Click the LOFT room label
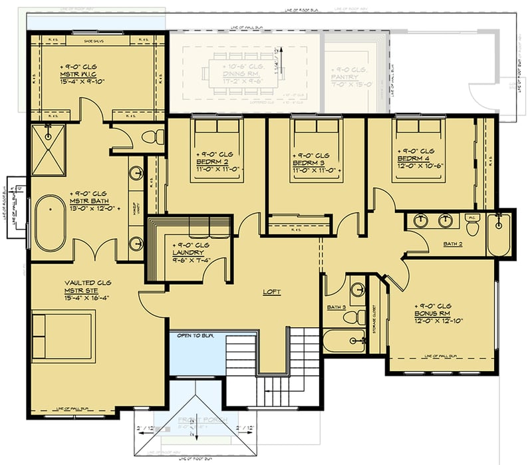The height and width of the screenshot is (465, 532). (269, 291)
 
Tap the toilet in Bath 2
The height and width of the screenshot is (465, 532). (473, 227)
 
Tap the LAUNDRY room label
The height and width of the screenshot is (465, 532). (189, 252)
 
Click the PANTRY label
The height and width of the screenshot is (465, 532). (346, 78)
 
